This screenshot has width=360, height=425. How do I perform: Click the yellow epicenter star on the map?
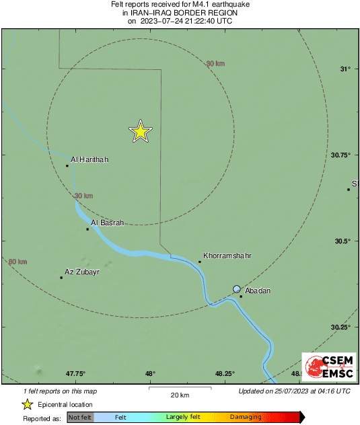point(140,132)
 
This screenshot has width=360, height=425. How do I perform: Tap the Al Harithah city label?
point(89,159)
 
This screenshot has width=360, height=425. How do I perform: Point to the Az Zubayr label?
point(81,272)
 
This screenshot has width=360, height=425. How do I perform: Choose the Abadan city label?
point(258,291)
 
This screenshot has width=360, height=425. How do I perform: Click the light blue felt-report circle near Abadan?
point(237,289)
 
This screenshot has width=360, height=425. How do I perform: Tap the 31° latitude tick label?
point(345,69)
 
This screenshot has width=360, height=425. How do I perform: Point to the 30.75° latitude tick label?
point(341,155)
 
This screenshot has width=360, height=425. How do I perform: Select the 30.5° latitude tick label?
point(343,241)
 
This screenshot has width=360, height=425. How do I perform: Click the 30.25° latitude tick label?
point(341,327)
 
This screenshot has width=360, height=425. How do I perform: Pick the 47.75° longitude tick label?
point(75,373)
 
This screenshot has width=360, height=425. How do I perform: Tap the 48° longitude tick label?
point(150,373)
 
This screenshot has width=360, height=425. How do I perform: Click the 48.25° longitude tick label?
point(224,373)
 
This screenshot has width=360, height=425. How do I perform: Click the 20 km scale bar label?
point(179,395)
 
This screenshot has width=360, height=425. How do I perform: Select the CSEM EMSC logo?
point(326,367)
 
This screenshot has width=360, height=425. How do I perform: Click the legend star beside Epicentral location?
point(27,404)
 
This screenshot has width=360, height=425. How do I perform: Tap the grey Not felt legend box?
point(80,418)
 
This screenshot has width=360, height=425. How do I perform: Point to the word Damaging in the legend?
point(246,418)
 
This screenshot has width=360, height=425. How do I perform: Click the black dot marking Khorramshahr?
point(200,262)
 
